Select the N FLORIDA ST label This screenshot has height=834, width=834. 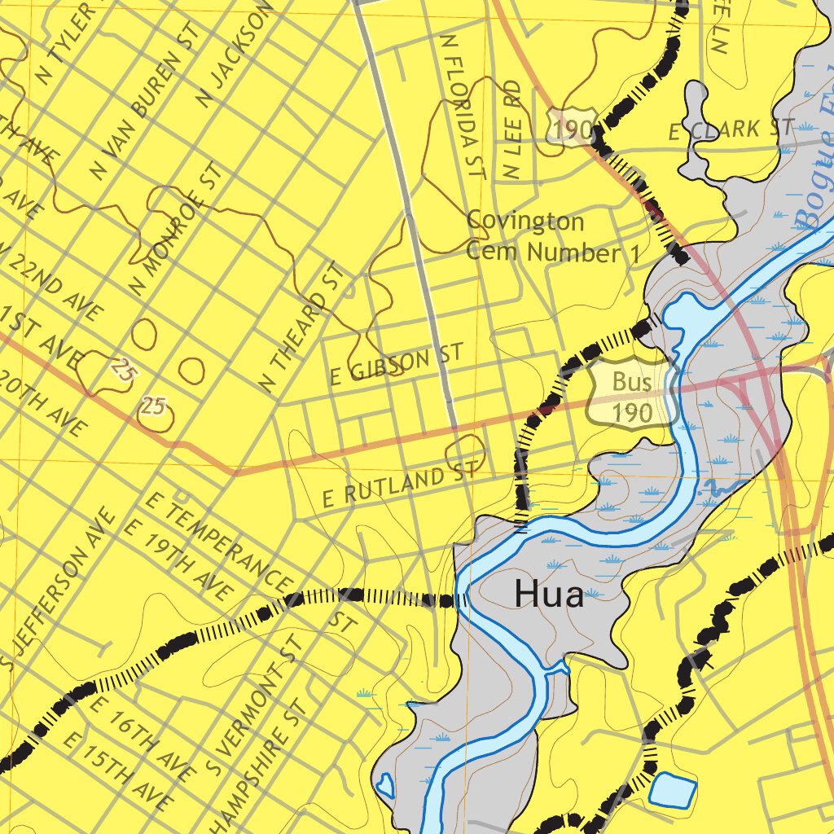[x=461, y=106]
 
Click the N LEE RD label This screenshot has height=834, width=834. [x=511, y=130]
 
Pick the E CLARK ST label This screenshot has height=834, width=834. [x=731, y=129]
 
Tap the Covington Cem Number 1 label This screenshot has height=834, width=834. [x=552, y=237]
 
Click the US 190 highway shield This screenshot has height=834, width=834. [x=571, y=127]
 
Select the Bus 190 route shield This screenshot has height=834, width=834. [x=633, y=397]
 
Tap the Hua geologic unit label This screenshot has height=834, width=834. [x=549, y=596]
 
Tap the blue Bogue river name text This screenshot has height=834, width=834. [x=814, y=187]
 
